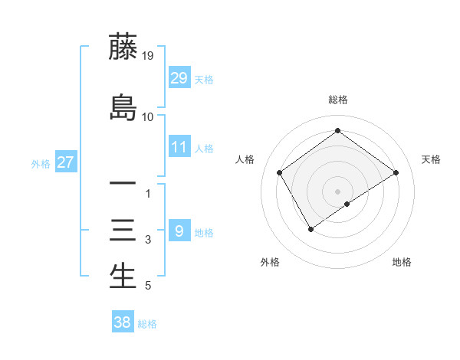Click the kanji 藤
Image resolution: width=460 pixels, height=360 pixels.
coord(123,47)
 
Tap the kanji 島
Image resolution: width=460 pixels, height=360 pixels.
coord(123,107)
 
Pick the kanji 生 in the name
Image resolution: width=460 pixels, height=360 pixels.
coord(123,277)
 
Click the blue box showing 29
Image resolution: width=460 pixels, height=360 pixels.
coord(179,78)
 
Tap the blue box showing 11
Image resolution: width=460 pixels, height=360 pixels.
coord(179,147)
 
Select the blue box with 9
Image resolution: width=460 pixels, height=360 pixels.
coord(179,231)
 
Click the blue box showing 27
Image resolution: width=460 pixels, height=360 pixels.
coord(65,162)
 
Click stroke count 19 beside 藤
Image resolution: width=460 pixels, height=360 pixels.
coord(147,56)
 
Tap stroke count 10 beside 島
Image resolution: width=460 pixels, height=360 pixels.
coord(147,117)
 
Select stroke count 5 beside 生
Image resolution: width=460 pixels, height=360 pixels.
coord(148,286)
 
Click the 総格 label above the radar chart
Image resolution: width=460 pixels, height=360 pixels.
coord(337,100)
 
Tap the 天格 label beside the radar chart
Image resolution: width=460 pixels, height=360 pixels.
coord(431,159)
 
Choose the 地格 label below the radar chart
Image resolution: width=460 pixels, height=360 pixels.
coord(402,262)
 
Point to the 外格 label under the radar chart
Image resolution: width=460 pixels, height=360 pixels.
coord(270,262)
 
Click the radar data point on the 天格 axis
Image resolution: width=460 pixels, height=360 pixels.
coord(396,172)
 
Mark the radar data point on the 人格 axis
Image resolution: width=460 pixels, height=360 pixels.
coord(280,172)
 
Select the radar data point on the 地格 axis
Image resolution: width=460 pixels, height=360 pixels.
coord(347,204)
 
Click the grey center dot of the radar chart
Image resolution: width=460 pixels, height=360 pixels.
coord(337,191)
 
